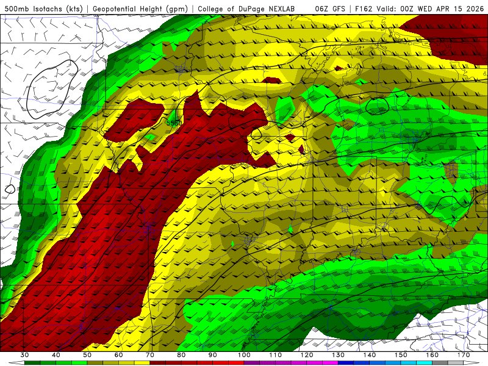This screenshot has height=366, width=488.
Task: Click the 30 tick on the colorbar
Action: pos(24,355)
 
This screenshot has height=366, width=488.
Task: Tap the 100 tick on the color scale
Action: pos(243,355)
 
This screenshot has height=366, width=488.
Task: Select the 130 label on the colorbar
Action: pos(337,355)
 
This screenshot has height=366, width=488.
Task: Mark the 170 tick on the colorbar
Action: pos(463,355)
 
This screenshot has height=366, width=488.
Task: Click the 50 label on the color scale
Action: pos(87,355)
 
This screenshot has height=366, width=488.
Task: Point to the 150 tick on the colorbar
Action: pos(400,355)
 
